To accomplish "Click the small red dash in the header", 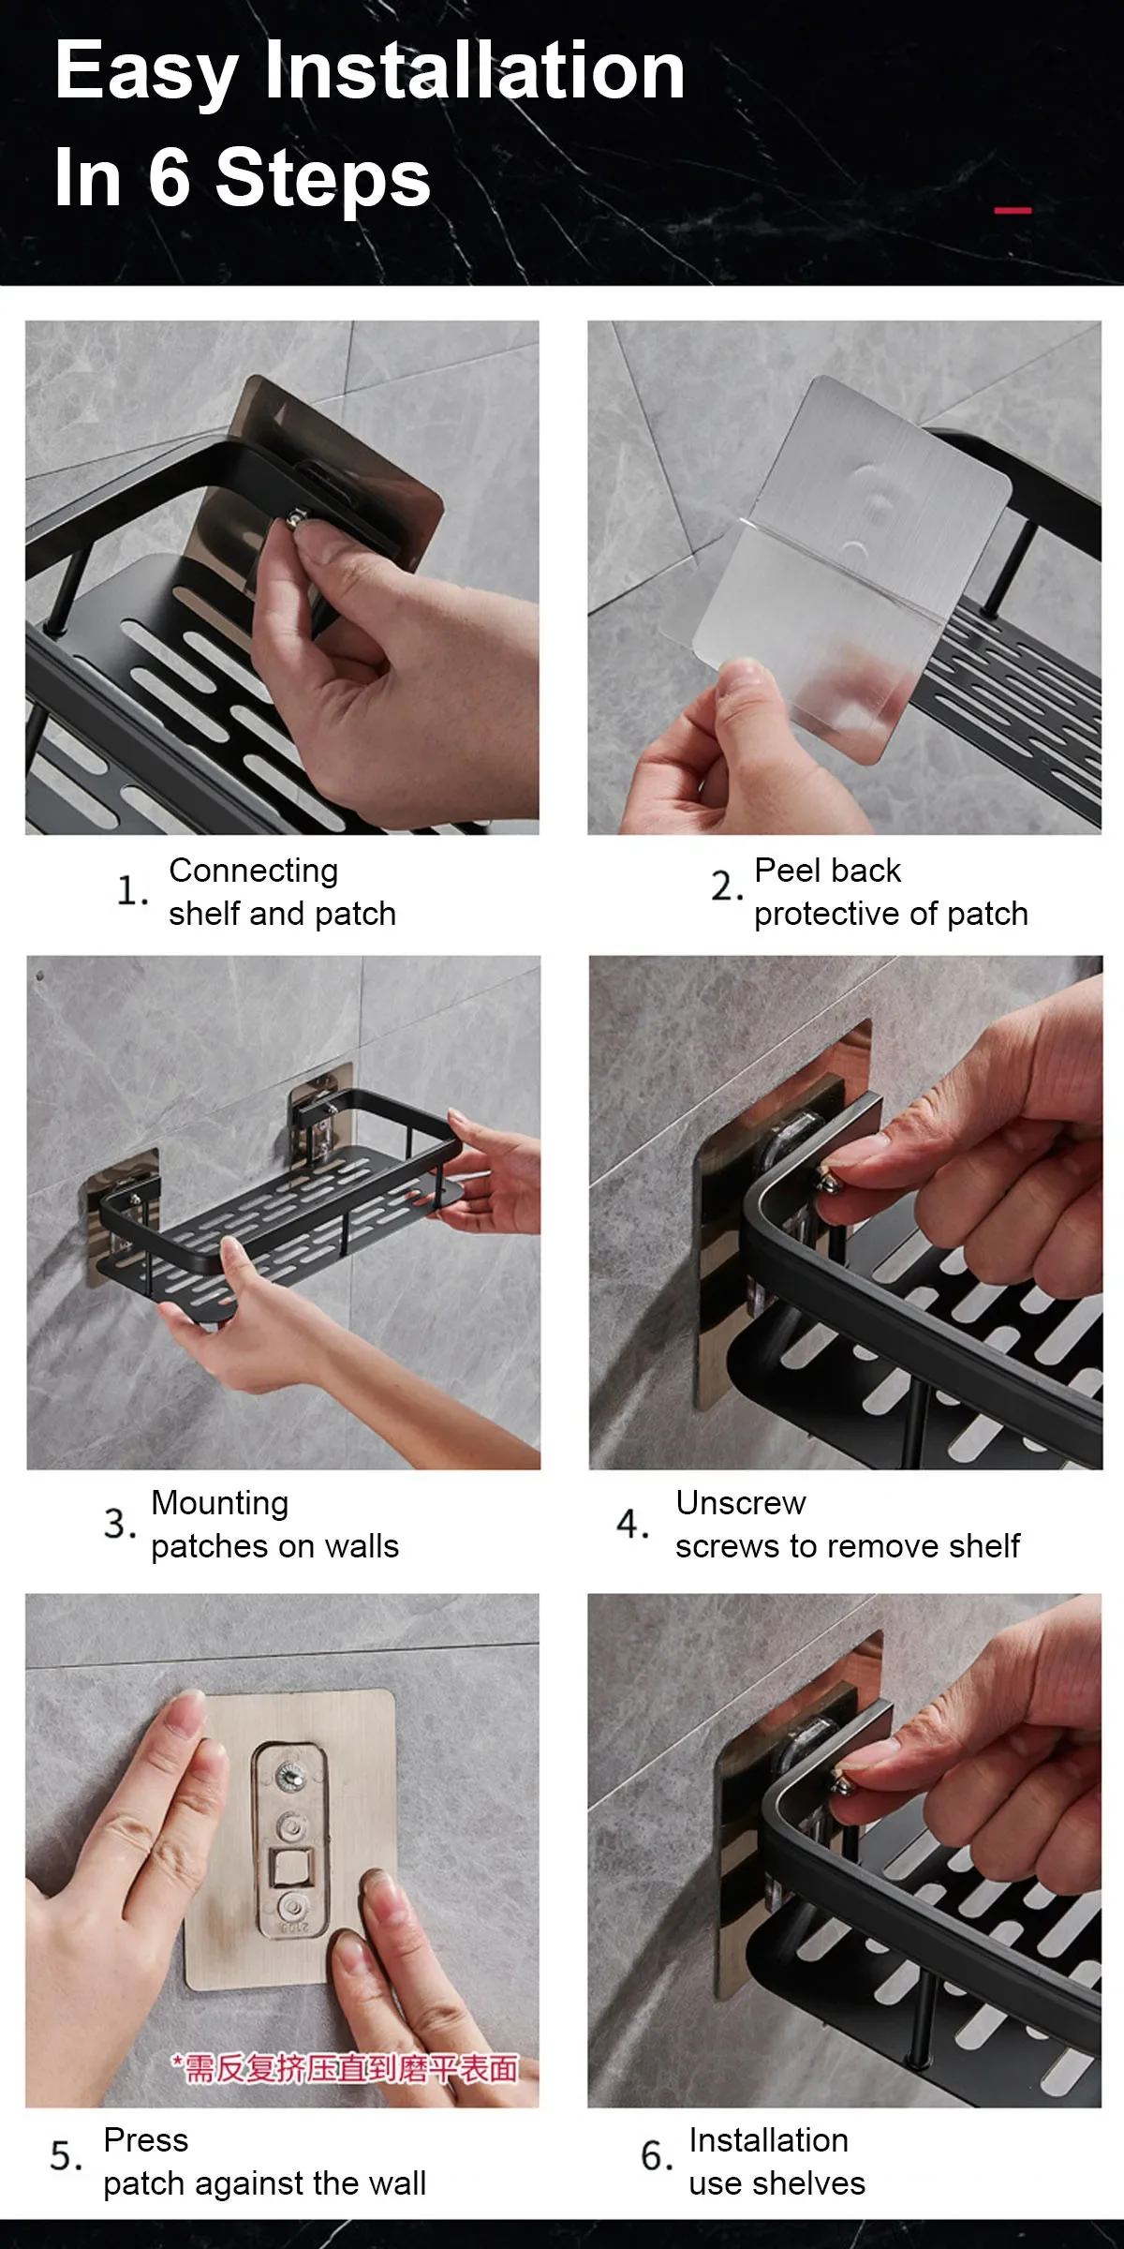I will pyautogui.click(x=1012, y=211).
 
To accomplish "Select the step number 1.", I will pyautogui.click(x=130, y=890).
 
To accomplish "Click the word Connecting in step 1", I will pyautogui.click(x=253, y=871).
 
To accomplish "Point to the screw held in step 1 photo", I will pyautogui.click(x=299, y=518).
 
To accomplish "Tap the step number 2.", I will pyautogui.click(x=726, y=886).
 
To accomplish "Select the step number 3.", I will pyautogui.click(x=119, y=1524).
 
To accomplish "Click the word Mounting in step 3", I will pyautogui.click(x=219, y=1503).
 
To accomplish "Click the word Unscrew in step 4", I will pyautogui.click(x=740, y=1503).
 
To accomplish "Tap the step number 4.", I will pyautogui.click(x=632, y=1524).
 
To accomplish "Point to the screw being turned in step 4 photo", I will pyautogui.click(x=828, y=1183).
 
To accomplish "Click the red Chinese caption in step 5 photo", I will pyautogui.click(x=344, y=2068).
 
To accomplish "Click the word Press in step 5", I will pyautogui.click(x=146, y=2140).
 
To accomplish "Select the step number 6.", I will pyautogui.click(x=656, y=2156).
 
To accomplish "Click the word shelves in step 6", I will pyautogui.click(x=809, y=2184).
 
